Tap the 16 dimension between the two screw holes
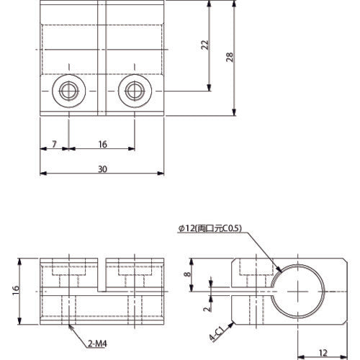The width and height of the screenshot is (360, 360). coord(102,145)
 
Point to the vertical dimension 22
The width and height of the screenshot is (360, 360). coord(204,45)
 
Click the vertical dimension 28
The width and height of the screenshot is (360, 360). coord(228,58)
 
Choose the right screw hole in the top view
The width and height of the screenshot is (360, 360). coord(134,91)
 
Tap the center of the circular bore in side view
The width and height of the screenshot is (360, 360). coord(297,288)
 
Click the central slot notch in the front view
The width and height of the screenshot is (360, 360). coord(102,274)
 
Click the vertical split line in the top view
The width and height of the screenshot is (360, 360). coord(102,58)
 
